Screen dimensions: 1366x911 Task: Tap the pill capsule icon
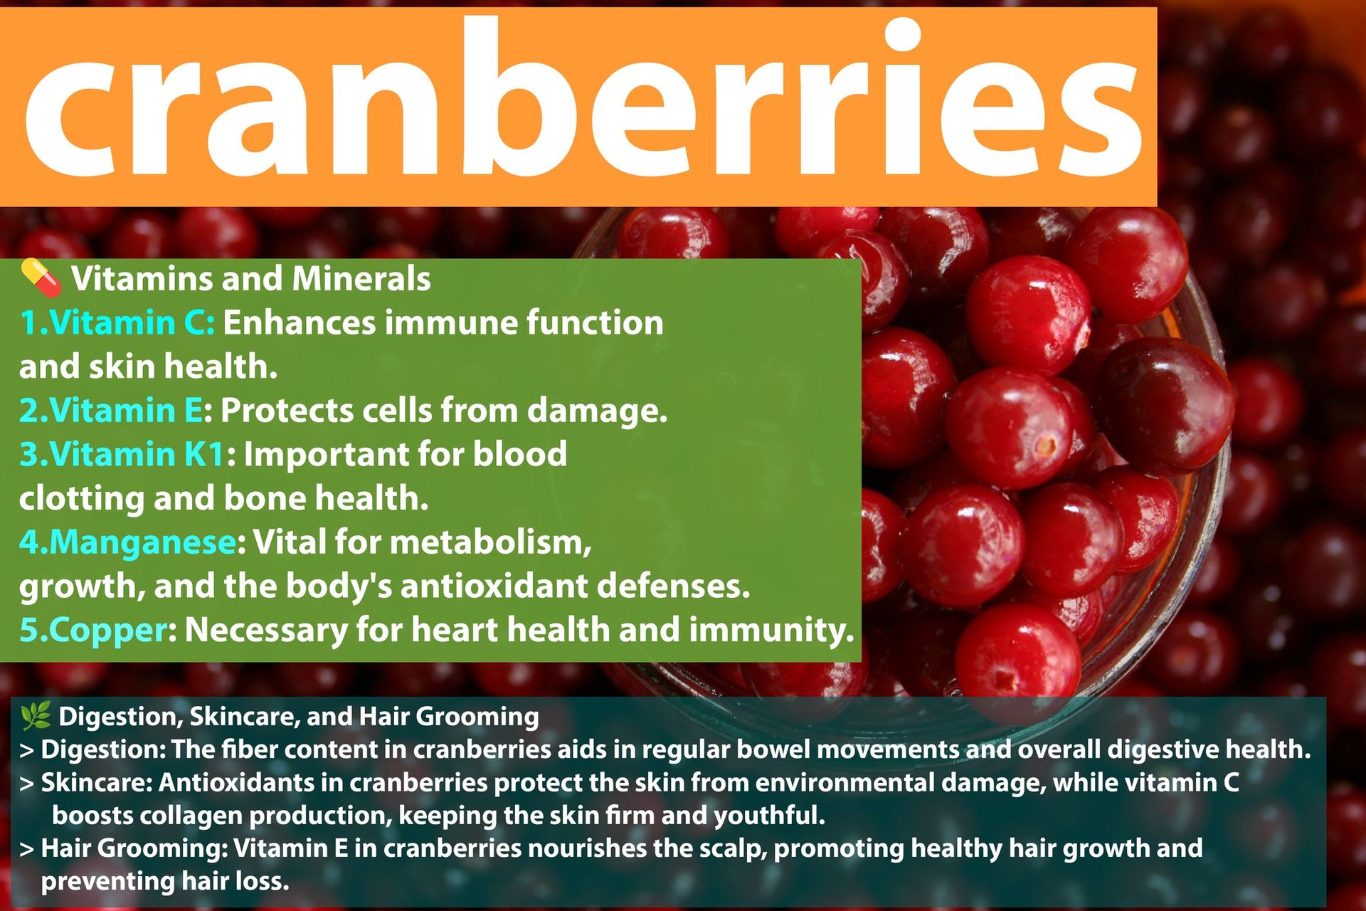[41, 277]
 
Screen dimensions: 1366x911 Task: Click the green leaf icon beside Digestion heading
[36, 715]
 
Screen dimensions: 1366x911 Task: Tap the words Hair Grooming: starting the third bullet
[134, 848]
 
